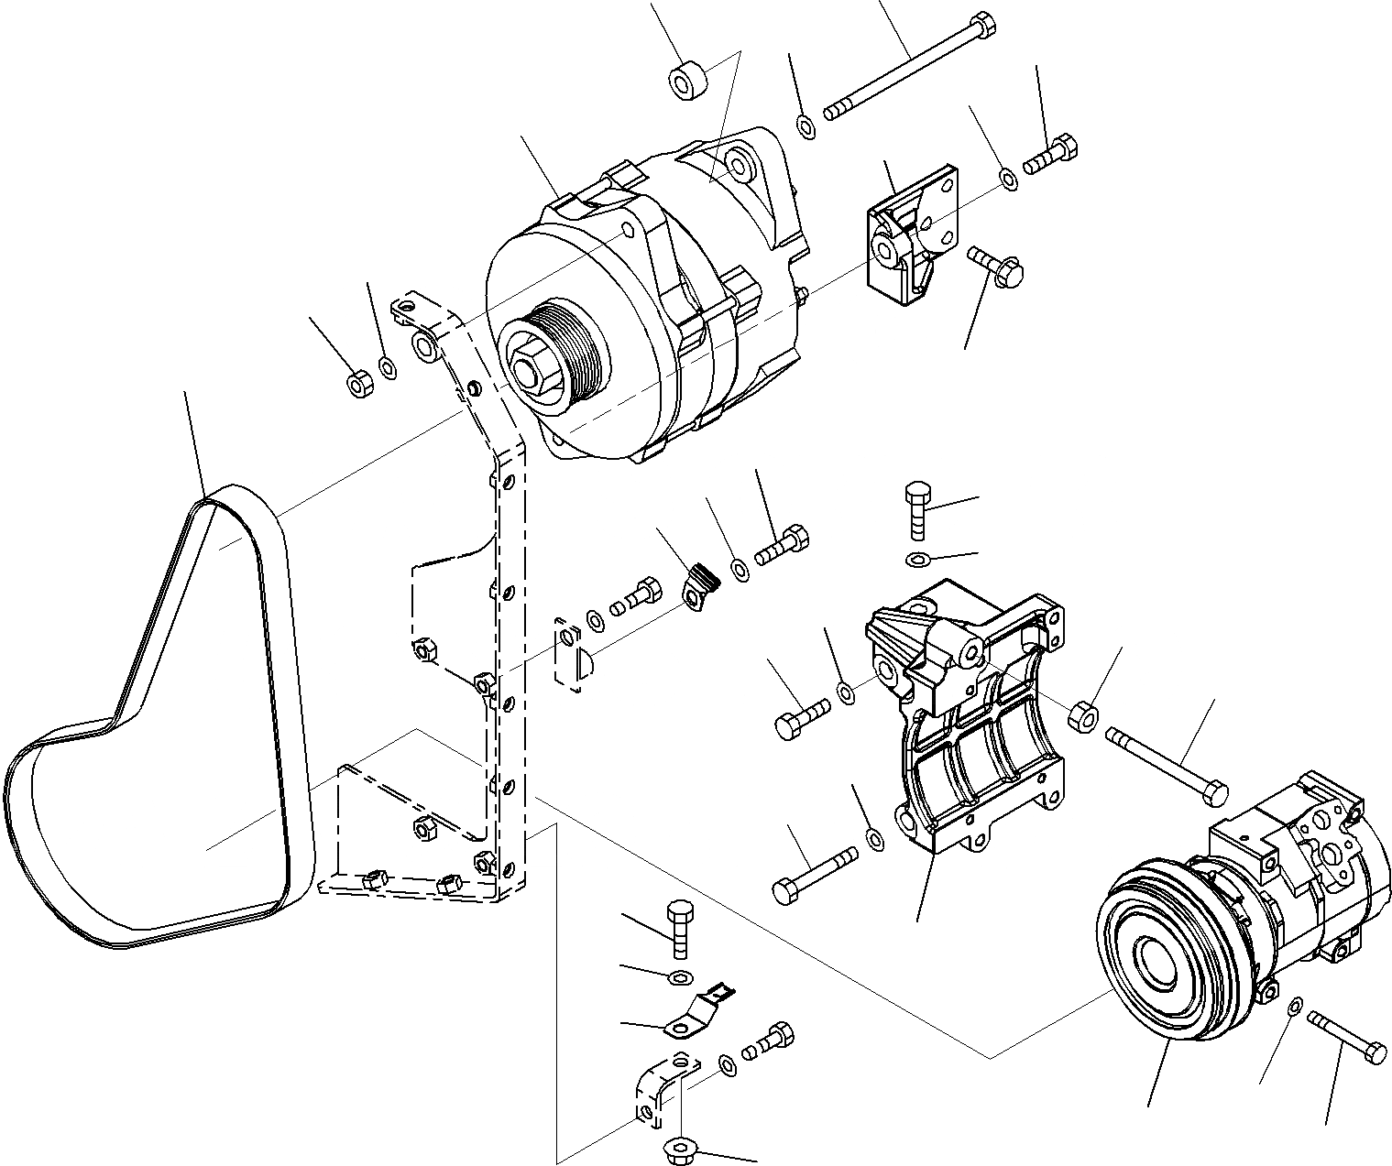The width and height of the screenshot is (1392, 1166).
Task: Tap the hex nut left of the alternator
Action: point(358,384)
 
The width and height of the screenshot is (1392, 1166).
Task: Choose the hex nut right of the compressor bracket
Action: point(1083,715)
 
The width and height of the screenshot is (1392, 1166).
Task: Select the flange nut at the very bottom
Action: point(679,1150)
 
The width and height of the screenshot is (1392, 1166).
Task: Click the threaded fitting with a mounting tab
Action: point(701,586)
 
